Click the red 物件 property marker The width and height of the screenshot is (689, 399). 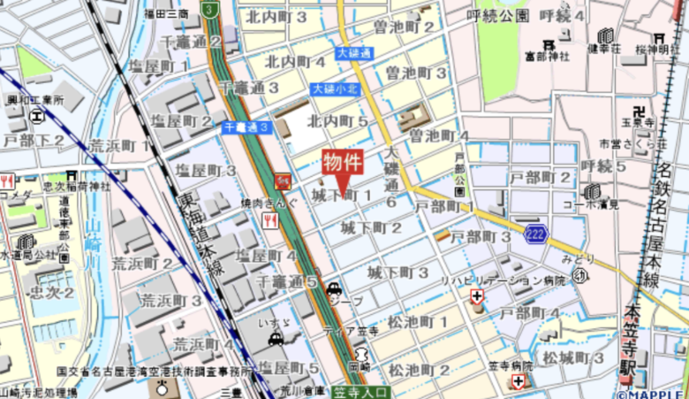point(342,164)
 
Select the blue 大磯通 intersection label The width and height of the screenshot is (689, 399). point(354,54)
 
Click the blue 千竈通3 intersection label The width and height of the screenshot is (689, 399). point(246,127)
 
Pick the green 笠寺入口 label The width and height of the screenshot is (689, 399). point(361,390)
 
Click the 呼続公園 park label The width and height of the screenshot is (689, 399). point(499,15)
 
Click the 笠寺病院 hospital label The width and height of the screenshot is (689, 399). point(510,365)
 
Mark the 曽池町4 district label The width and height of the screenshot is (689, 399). point(439,135)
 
